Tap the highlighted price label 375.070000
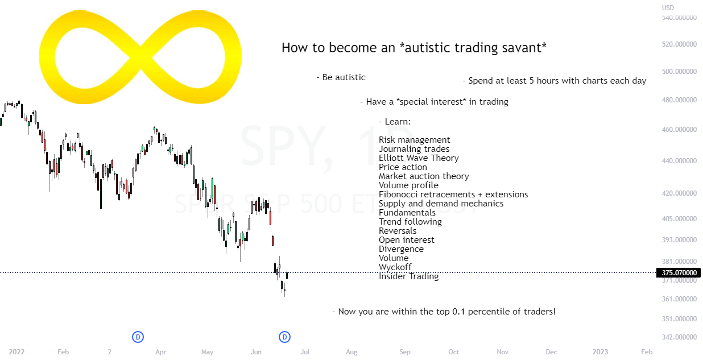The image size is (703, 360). coord(679,273)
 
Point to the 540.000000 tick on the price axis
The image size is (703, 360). coord(679,18)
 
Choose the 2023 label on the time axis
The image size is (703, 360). coord(601,352)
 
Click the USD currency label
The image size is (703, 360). coord(668,7)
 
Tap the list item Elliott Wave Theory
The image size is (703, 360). coord(419,158)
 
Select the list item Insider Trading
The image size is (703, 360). coord(408,276)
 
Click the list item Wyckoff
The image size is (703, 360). coord(395,267)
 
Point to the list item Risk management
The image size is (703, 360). coord(414,140)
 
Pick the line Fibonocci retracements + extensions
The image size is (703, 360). coord(453,195)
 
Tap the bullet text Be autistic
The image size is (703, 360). coord(341,77)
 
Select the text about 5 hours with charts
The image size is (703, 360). coord(555,81)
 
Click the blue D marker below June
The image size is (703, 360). coord(285,337)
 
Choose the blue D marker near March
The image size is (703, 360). coord(138,337)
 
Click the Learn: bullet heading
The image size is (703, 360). coord(395,122)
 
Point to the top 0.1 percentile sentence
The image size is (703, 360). coord(444,312)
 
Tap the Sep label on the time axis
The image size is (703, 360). coord(404,352)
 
